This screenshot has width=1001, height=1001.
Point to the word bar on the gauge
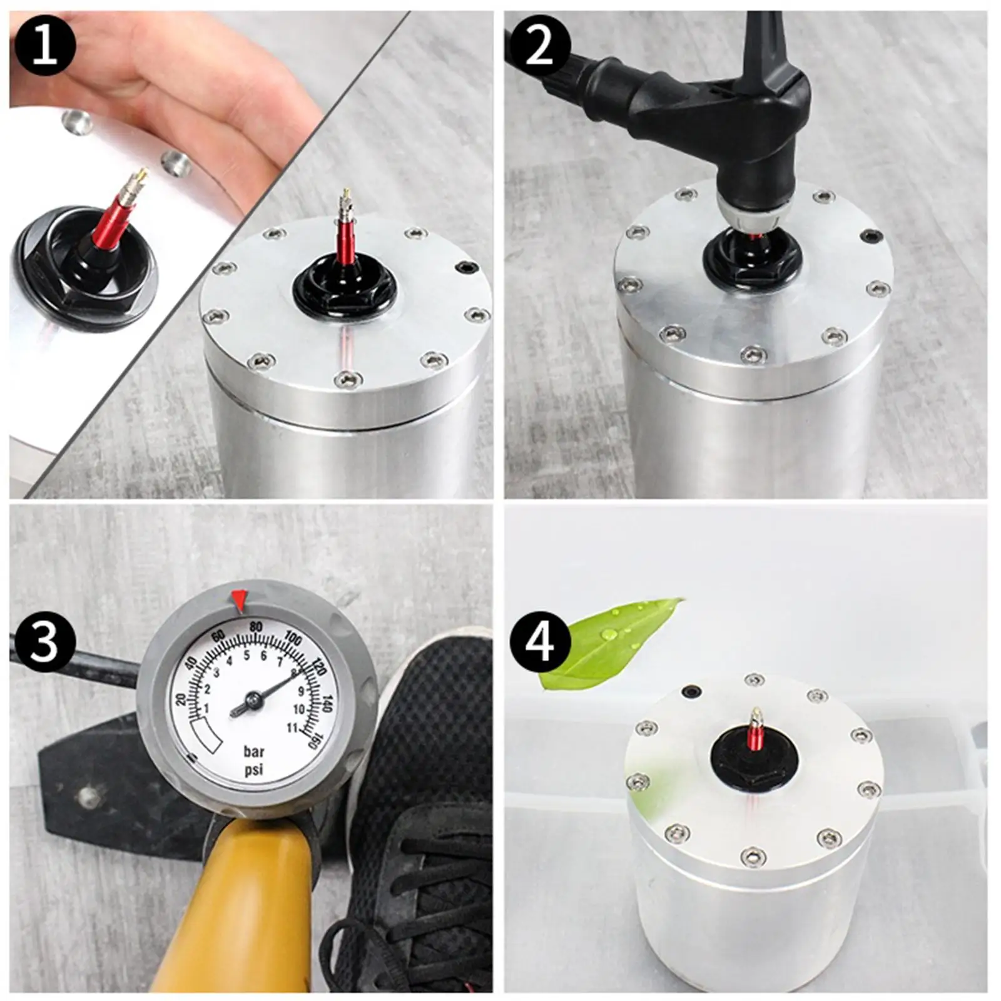(253, 751)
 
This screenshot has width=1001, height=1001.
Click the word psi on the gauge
(253, 770)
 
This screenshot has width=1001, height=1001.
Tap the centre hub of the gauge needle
(253, 698)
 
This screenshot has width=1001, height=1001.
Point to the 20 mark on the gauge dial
(182, 699)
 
